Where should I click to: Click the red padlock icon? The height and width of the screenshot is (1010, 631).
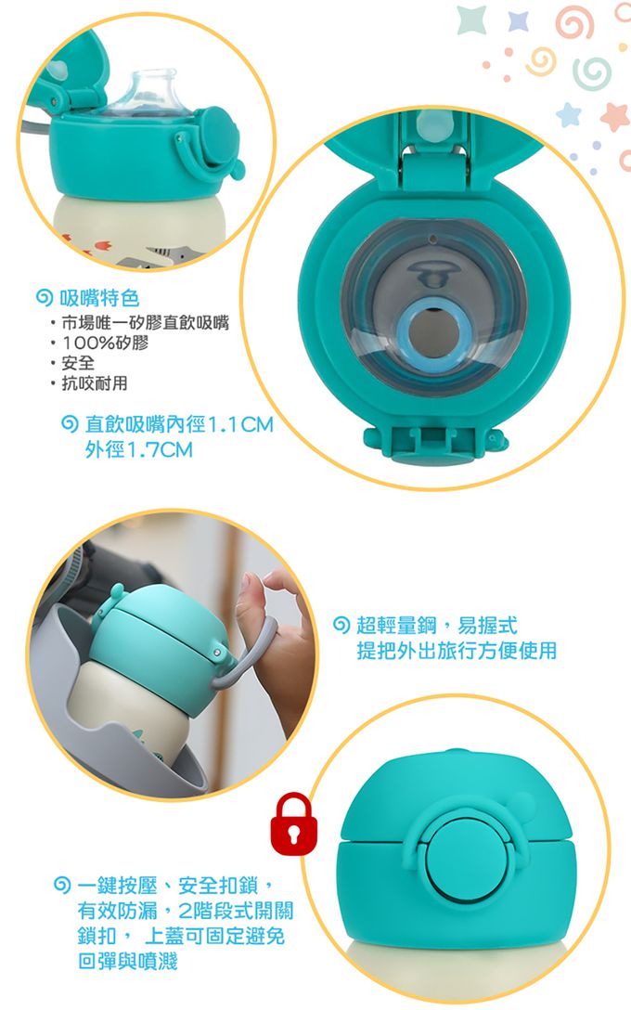pos(293,823)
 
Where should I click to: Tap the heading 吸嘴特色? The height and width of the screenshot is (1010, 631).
pos(98,298)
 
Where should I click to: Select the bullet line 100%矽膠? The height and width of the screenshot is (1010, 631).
pos(104,343)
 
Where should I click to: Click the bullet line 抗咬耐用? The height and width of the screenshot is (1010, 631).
pos(94,383)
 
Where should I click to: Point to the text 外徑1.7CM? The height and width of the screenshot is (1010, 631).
pos(138,449)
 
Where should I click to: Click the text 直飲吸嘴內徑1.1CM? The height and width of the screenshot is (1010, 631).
pos(179,424)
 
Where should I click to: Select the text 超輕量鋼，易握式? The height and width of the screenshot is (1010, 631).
pos(436,625)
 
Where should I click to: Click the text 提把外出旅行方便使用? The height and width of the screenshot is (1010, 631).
pos(457,651)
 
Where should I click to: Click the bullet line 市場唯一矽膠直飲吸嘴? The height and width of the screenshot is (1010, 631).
pos(145,322)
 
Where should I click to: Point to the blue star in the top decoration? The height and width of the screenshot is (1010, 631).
pos(518,20)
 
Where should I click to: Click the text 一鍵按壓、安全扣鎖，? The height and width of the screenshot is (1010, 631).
pos(178,886)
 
